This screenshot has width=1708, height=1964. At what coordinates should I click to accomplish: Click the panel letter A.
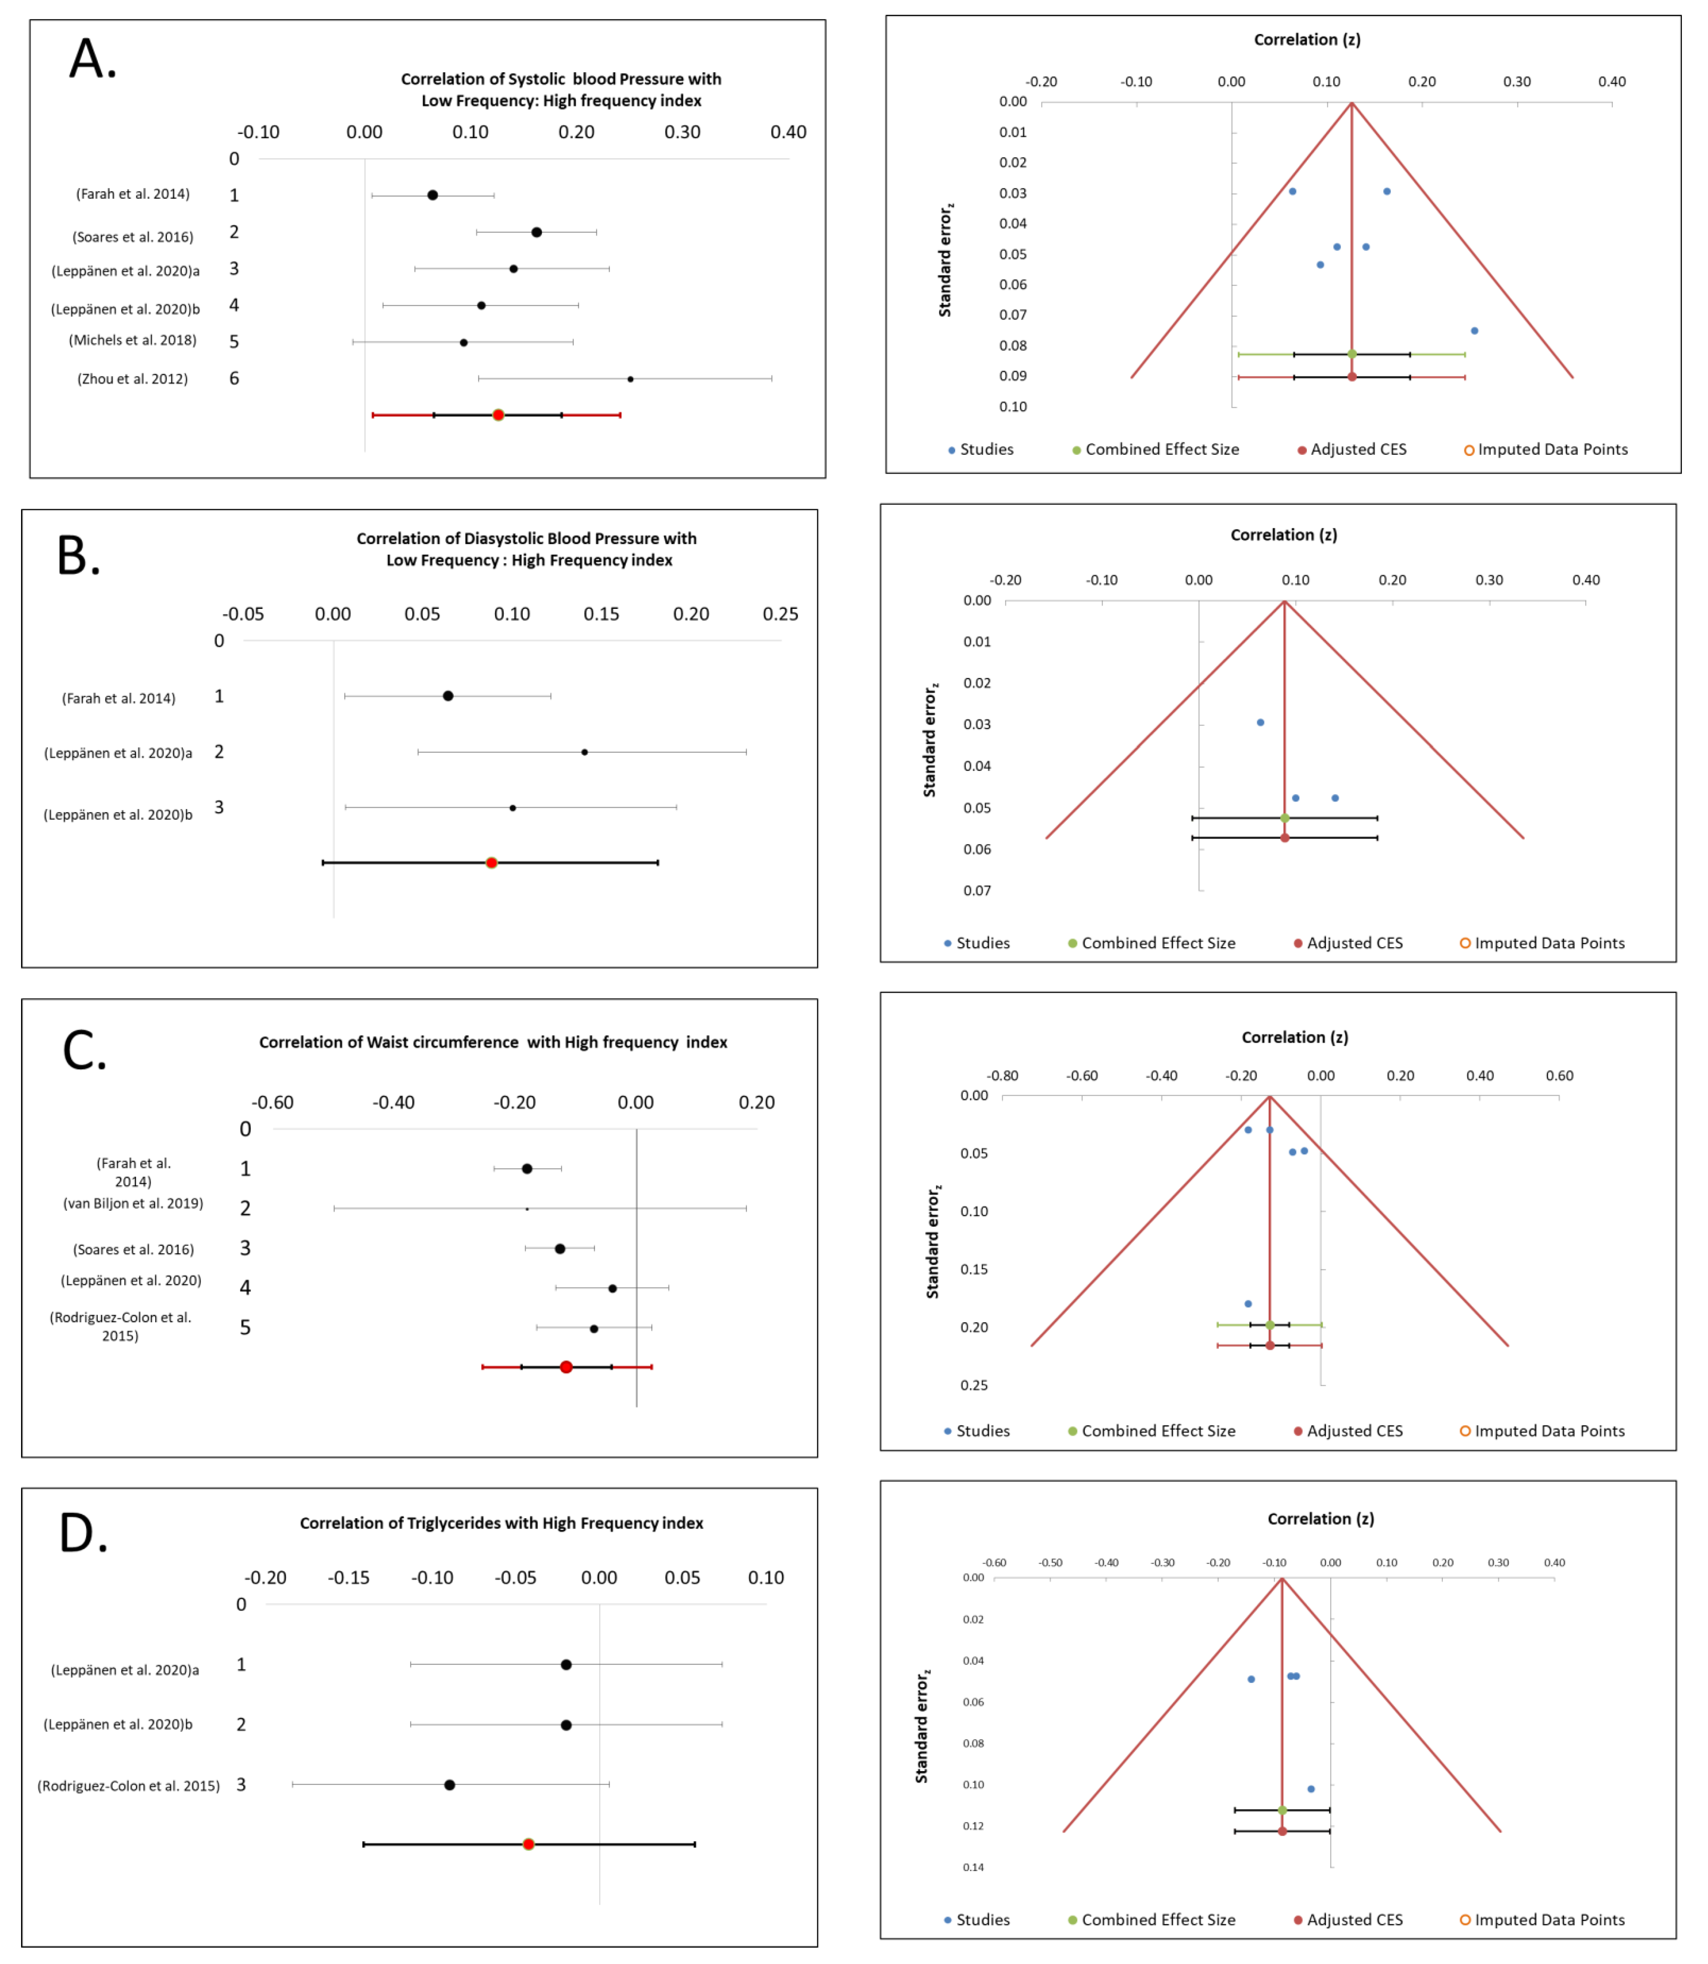92,60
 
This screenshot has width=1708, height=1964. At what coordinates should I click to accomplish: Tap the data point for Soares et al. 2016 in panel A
536,232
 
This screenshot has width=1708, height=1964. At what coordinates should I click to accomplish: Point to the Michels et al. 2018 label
133,341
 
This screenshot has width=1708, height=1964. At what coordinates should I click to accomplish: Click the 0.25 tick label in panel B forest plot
780,614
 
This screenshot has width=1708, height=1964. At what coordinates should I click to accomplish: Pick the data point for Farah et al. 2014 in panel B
448,696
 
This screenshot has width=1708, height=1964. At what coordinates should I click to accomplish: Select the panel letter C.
84,1052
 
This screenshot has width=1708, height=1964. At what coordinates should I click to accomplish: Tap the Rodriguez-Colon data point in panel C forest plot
594,1328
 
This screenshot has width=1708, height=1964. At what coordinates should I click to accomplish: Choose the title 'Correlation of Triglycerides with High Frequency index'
501,1522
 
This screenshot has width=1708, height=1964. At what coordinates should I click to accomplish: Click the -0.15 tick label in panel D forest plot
349,1578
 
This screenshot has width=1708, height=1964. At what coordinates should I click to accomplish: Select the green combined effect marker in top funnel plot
1352,354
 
